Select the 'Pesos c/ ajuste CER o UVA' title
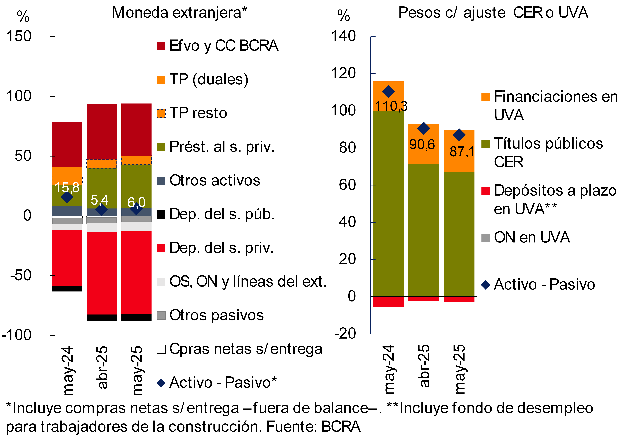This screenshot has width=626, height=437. coord(493,13)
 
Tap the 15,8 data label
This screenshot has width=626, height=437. coord(67,188)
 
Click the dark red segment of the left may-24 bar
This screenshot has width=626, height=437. coord(67,144)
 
